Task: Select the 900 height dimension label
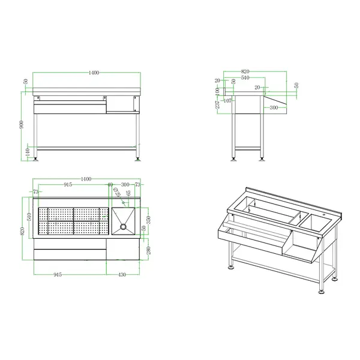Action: click(22, 124)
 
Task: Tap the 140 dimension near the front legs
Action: click(28, 152)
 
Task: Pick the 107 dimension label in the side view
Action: click(227, 100)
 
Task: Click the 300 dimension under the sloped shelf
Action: click(273, 107)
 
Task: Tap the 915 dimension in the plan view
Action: click(68, 185)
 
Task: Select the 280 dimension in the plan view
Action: click(147, 249)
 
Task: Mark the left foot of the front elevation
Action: click(40, 158)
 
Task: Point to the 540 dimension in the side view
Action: click(245, 78)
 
